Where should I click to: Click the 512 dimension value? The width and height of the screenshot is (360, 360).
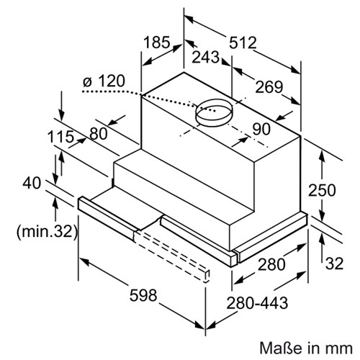(x=243, y=42)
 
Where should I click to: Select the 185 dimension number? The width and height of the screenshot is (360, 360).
(x=157, y=42)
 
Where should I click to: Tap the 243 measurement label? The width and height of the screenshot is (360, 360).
(x=206, y=57)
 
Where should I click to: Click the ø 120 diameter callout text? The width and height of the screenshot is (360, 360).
(x=104, y=81)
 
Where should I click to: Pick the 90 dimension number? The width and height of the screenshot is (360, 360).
(x=261, y=129)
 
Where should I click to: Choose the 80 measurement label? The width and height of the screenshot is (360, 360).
(x=99, y=133)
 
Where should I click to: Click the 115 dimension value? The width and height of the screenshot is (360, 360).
(x=60, y=137)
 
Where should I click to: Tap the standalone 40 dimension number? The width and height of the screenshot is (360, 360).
(x=32, y=183)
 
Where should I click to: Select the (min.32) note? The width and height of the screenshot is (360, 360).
(x=47, y=232)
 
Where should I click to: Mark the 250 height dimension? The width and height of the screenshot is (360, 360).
(x=322, y=190)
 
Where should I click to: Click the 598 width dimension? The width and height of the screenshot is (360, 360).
(x=143, y=295)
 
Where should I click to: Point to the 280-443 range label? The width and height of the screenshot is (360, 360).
(x=257, y=303)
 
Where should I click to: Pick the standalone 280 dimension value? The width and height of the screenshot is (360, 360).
(x=271, y=264)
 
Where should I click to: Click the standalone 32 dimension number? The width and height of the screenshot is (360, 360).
(x=334, y=264)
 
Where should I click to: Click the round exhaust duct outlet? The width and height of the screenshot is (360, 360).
(x=214, y=113)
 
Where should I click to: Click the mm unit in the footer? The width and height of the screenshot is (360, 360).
(x=342, y=349)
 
